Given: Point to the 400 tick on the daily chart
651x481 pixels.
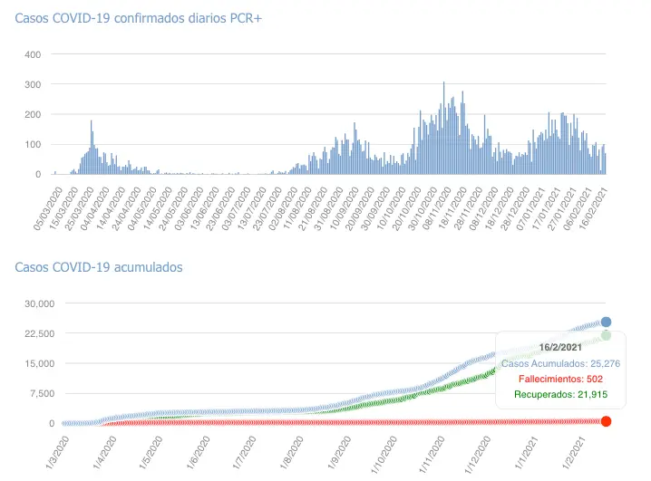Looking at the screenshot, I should pyautogui.click(x=32, y=54).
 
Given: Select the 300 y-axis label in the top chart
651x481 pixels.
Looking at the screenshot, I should pyautogui.click(x=32, y=84).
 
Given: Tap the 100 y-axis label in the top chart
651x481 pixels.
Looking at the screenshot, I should pyautogui.click(x=32, y=144).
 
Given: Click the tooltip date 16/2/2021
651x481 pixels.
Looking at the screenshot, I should pyautogui.click(x=559, y=347).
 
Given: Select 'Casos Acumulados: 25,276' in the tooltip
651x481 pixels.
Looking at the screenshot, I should pyautogui.click(x=559, y=363).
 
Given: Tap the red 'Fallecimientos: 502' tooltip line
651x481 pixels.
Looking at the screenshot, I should pyautogui.click(x=559, y=379).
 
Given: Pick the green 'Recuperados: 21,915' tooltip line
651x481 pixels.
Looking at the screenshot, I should pyautogui.click(x=559, y=394).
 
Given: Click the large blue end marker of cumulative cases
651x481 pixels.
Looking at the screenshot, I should pyautogui.click(x=606, y=322).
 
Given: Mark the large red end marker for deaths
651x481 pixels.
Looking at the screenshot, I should pyautogui.click(x=606, y=421).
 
